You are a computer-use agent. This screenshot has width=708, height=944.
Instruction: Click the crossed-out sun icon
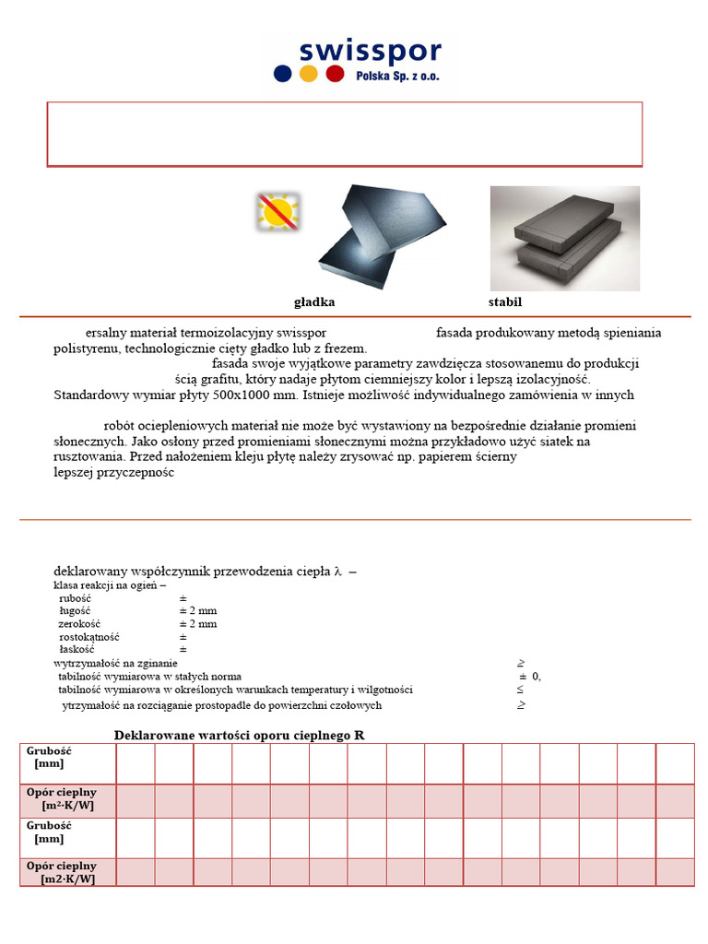pos(277,212)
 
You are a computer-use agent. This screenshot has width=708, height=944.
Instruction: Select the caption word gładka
pos(314,302)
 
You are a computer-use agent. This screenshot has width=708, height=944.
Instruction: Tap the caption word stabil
pos(506,302)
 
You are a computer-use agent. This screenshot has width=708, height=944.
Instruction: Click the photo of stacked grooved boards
pos(564,238)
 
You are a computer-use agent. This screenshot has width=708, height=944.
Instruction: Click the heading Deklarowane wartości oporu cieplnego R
pos(245,735)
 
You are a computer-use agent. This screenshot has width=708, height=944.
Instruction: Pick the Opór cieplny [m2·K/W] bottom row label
pos(63,872)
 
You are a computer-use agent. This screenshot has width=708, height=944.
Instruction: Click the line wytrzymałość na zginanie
pos(116,663)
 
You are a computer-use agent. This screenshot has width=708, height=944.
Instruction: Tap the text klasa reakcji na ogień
pos(110,585)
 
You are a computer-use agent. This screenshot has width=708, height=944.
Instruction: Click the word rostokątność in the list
pos(88,637)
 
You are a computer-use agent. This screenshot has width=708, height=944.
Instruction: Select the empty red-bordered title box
pos(345,134)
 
